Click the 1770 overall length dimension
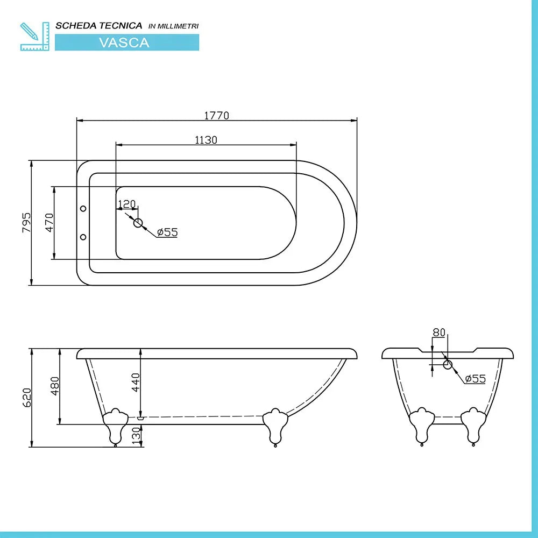pos(216,115)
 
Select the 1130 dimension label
pos(206,140)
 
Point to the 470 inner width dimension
pos(49,222)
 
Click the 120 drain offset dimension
pos(126,204)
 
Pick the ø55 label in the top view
pos(167,232)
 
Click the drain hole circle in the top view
pos(138,223)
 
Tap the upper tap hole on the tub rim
pos(83,208)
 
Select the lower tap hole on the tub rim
pos(83,237)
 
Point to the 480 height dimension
pos(54,386)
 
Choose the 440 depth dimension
pos(136,382)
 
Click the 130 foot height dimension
pos(136,433)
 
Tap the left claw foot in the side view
pos(115,426)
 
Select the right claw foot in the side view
pos(275,426)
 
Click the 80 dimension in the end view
pos(439,332)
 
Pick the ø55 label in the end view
pos(475,379)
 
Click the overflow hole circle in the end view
pos(447,364)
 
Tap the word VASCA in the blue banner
pos(124,43)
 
